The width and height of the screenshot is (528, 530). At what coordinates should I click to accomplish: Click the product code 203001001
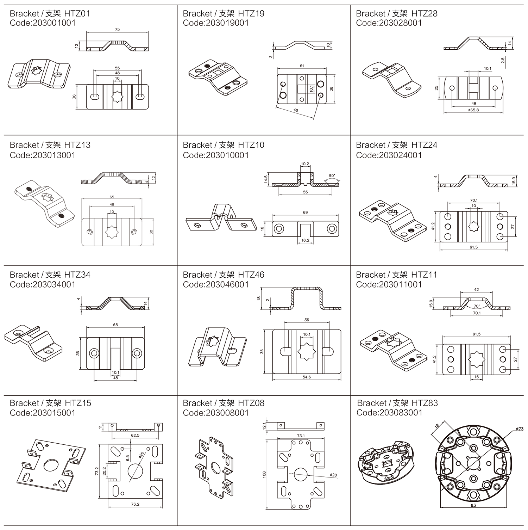(54, 23)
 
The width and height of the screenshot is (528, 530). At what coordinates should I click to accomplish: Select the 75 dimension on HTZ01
(117, 30)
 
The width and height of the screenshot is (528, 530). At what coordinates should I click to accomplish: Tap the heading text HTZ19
(251, 13)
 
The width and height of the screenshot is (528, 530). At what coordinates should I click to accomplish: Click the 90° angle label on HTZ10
(332, 175)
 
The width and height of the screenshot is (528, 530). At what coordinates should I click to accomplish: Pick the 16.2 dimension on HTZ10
(305, 240)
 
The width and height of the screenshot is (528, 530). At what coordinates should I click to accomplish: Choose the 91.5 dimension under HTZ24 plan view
(473, 247)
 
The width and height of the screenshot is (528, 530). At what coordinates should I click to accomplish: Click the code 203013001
(54, 155)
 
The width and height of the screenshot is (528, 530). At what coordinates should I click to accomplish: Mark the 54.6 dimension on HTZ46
(306, 377)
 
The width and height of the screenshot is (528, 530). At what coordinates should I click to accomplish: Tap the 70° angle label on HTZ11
(476, 306)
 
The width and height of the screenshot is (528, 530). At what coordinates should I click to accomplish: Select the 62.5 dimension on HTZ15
(135, 436)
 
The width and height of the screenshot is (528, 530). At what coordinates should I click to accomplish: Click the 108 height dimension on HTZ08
(264, 474)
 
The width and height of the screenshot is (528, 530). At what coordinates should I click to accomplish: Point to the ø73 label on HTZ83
(520, 429)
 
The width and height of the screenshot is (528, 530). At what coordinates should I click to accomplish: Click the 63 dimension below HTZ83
(473, 505)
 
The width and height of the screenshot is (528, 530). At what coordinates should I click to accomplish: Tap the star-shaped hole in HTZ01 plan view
(117, 95)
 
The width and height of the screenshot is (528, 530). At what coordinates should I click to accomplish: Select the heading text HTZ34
(77, 275)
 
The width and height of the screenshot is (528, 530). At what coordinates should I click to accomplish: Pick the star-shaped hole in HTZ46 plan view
(306, 351)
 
